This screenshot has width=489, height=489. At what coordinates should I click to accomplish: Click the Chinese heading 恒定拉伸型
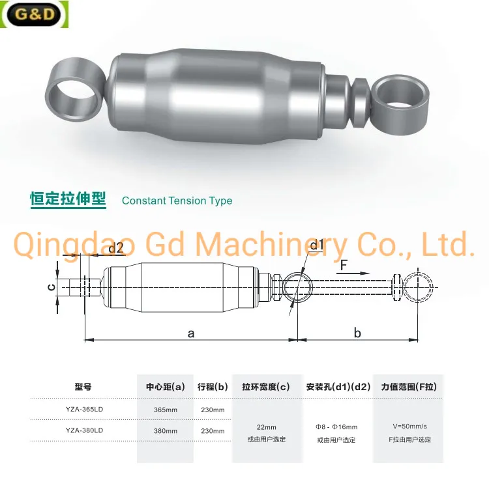(x=68, y=199)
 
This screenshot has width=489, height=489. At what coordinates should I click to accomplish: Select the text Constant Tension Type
(x=177, y=201)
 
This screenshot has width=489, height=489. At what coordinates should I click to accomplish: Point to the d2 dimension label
(x=115, y=248)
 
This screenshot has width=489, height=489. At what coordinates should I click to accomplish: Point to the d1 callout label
(x=317, y=245)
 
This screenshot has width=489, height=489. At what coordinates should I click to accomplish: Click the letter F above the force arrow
(x=343, y=265)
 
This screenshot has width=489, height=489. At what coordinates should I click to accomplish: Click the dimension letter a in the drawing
(x=191, y=333)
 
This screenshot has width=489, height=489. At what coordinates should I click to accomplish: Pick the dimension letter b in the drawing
(x=357, y=333)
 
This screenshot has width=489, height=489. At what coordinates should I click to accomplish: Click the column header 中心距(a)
(x=165, y=387)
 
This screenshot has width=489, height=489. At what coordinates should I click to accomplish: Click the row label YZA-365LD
(x=84, y=410)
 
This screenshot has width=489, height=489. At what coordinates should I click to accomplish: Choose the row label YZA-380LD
(x=84, y=430)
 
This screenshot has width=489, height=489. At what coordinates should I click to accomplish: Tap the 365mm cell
(x=165, y=410)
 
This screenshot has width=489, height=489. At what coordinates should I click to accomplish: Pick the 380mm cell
(x=165, y=430)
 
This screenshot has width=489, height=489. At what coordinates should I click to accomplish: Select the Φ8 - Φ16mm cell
(x=336, y=426)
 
